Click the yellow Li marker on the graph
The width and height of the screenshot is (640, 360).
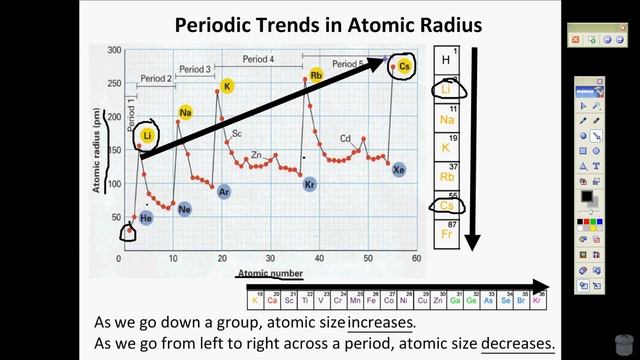[x=148, y=135]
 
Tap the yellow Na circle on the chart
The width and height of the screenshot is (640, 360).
[x=185, y=112]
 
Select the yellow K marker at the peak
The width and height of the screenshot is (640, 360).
[x=227, y=87]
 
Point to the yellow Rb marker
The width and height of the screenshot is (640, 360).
[x=316, y=75]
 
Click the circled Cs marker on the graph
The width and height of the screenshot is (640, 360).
[x=405, y=66]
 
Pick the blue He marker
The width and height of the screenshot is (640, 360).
[x=146, y=217]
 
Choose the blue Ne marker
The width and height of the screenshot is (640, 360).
[x=185, y=210]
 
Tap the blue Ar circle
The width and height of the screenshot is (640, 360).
[x=225, y=191]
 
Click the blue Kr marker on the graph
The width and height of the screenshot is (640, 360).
[x=310, y=184]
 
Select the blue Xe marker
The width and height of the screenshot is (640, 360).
[x=399, y=169]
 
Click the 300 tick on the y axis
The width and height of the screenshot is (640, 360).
[x=114, y=49]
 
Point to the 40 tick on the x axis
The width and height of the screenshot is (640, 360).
[x=317, y=258]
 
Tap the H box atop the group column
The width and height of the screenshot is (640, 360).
[x=446, y=61]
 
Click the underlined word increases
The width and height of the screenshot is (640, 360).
[x=380, y=324]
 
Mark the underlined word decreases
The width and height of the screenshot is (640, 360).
[x=517, y=343]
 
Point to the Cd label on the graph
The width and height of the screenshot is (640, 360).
[x=345, y=138]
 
